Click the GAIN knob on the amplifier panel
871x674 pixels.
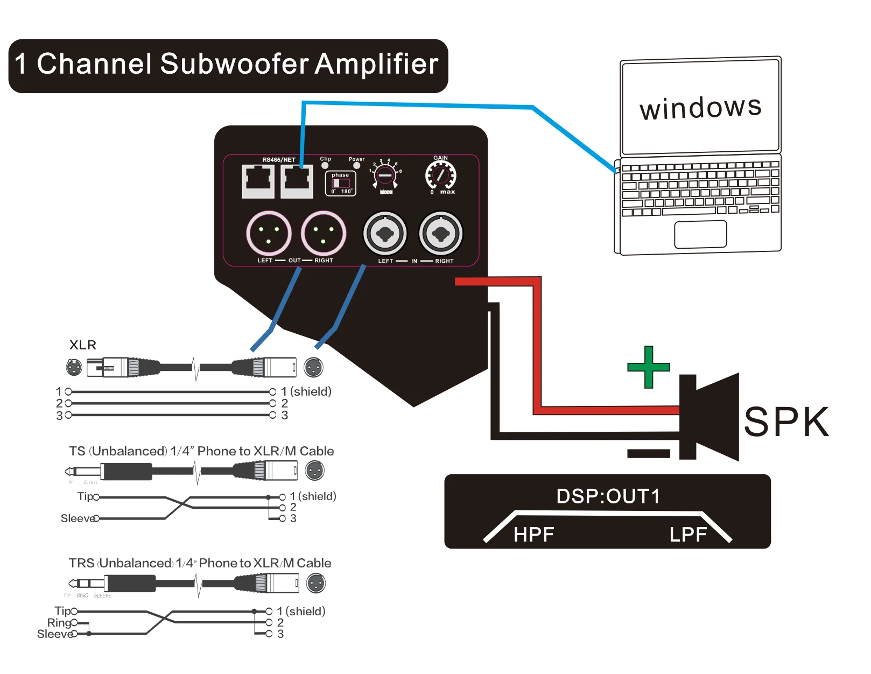(x=441, y=175)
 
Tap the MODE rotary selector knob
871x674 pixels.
(x=385, y=175)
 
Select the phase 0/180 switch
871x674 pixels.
(x=341, y=184)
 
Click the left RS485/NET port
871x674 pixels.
(x=258, y=181)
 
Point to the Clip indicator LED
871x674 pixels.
(x=325, y=166)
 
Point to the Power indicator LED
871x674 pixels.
(x=356, y=166)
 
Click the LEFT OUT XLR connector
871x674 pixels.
(x=269, y=234)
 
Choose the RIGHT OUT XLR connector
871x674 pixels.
(x=323, y=234)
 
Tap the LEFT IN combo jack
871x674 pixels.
(x=385, y=234)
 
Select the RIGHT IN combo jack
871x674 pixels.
(x=441, y=234)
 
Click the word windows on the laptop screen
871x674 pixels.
(x=700, y=107)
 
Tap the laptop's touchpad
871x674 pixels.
(x=700, y=234)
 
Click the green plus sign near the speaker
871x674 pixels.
(x=649, y=367)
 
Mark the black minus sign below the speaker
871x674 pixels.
(x=649, y=453)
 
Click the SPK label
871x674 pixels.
(x=786, y=422)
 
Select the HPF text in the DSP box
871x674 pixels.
(x=533, y=535)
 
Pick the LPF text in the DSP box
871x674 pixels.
(x=688, y=535)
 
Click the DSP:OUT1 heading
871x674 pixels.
(x=608, y=496)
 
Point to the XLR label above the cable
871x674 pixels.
(x=83, y=345)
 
